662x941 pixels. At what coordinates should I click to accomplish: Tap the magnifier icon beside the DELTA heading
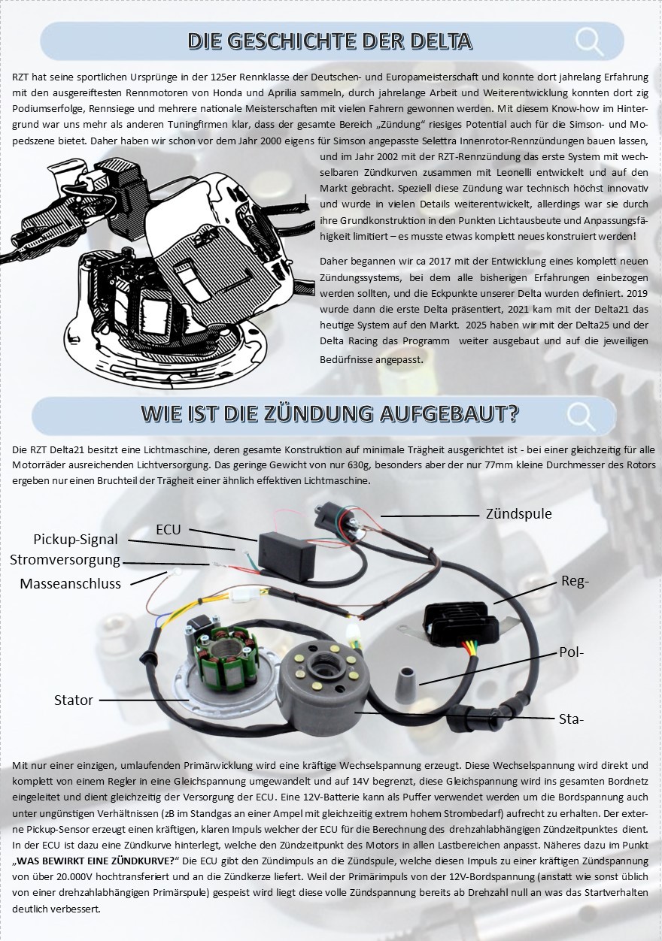[590, 41]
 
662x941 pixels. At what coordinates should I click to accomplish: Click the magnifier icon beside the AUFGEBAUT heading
[582, 416]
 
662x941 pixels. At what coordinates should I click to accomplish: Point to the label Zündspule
[518, 514]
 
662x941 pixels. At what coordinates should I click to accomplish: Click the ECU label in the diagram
[169, 530]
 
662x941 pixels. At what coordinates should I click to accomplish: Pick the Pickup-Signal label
[76, 540]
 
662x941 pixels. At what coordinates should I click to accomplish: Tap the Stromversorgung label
[65, 560]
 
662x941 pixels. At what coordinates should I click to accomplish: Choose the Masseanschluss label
[70, 583]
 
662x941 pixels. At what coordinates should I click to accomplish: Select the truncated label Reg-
[575, 582]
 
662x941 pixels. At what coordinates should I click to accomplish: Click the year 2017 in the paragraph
[439, 262]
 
